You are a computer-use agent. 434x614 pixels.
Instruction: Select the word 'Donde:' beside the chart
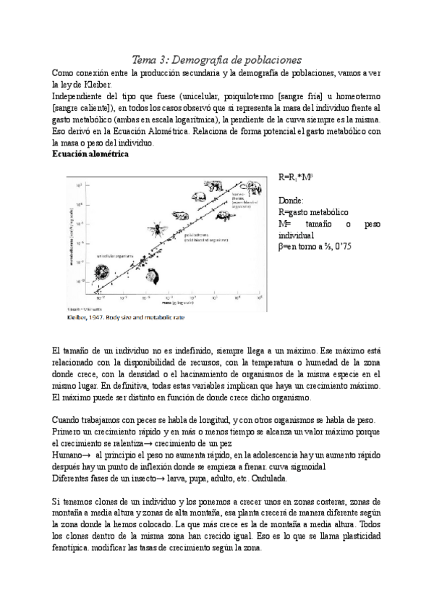292,200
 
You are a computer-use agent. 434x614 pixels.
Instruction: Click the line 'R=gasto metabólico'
313,212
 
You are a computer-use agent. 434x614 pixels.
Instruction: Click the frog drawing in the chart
182,215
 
